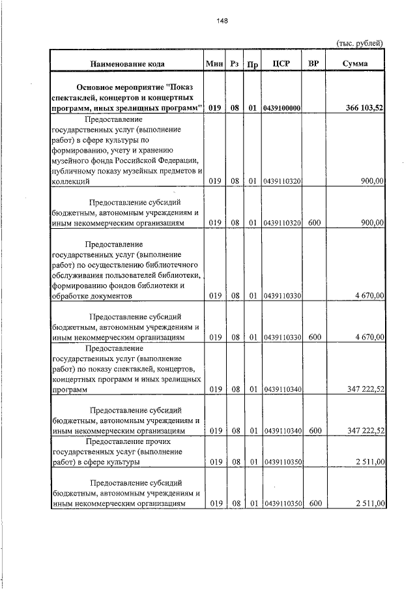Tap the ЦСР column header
(282, 63)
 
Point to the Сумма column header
(354, 63)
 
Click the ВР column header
(313, 63)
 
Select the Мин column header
(214, 63)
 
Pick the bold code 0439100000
(282, 108)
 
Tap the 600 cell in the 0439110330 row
(314, 338)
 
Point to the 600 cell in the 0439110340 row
(314, 430)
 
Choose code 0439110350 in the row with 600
(282, 503)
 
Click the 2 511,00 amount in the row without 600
(369, 462)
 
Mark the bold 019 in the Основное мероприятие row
(214, 108)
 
